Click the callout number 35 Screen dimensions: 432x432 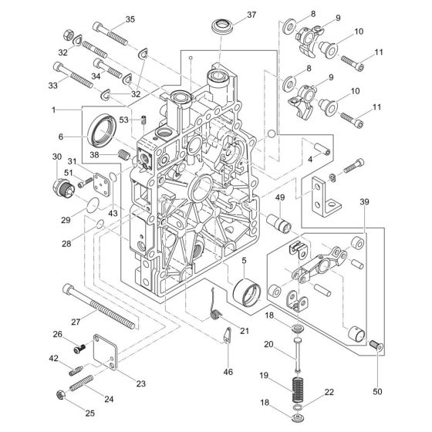tap(130, 19)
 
